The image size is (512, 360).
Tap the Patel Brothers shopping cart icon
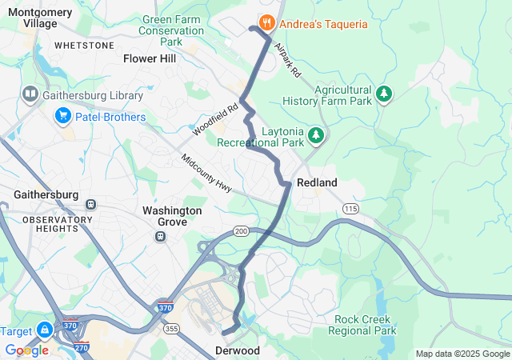(62, 117)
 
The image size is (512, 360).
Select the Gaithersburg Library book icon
(31, 95)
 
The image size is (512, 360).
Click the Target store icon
(43, 330)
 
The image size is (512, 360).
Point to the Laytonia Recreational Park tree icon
(317, 135)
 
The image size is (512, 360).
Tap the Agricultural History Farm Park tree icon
(385, 94)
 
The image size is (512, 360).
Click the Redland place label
(317, 182)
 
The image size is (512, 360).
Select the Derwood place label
(237, 350)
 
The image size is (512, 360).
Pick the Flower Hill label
(150, 58)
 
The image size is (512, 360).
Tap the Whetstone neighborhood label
(84, 46)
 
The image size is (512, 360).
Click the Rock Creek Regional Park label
(365, 325)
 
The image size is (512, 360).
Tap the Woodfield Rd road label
(215, 118)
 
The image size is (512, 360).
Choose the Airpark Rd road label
(286, 60)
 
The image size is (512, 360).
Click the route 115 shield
(350, 208)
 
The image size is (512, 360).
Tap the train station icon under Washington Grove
(161, 236)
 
